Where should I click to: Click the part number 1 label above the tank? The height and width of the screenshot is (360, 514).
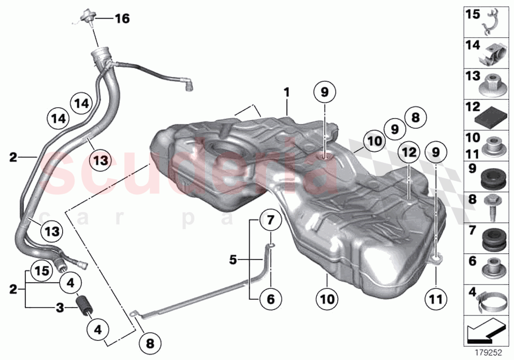pyautogui.click(x=287, y=92)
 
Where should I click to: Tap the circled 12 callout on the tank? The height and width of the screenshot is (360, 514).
pyautogui.click(x=408, y=152)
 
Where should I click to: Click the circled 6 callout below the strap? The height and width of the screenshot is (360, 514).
pyautogui.click(x=271, y=296)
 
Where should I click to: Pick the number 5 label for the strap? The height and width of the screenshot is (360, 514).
pyautogui.click(x=233, y=260)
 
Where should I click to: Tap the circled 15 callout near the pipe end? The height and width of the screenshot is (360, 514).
pyautogui.click(x=42, y=270)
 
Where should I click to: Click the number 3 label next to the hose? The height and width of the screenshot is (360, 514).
pyautogui.click(x=59, y=308)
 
